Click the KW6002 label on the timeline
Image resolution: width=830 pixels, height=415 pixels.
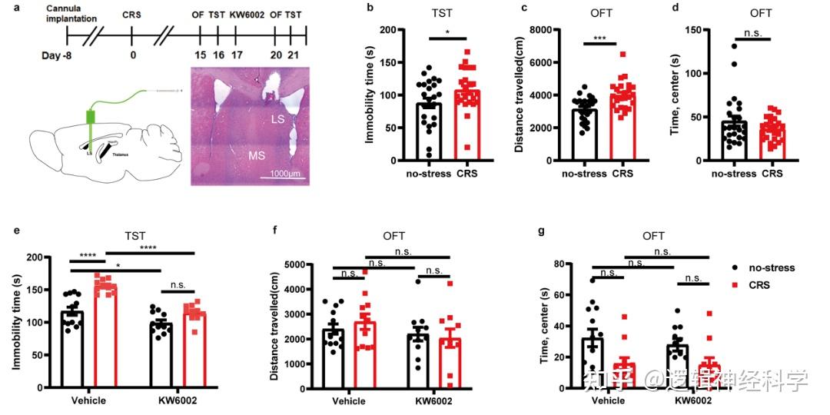pyautogui.click(x=245, y=14)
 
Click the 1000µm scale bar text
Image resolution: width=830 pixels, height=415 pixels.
pyautogui.click(x=284, y=174)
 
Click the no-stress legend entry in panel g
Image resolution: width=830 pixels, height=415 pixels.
pyautogui.click(x=769, y=267)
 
